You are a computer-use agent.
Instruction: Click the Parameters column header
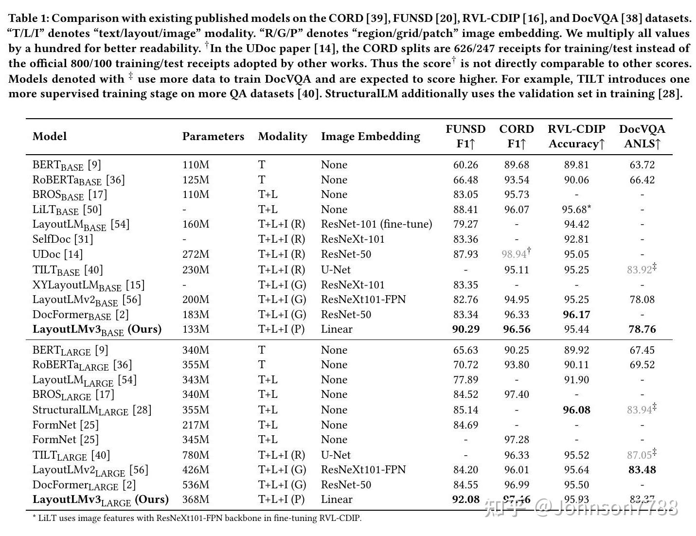click(213, 137)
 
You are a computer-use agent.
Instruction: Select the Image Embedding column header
click(370, 137)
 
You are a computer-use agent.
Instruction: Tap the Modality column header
click(283, 137)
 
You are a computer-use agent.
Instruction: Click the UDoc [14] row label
click(57, 254)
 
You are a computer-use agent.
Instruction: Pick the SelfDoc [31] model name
click(62, 239)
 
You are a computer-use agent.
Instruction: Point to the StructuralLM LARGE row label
click(91, 410)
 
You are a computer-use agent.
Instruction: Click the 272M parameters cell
click(196, 254)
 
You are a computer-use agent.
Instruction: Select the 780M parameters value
click(196, 455)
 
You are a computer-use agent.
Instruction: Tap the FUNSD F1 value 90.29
click(465, 329)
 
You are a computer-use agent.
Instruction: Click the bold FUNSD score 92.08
click(465, 500)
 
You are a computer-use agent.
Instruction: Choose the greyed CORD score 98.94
click(515, 254)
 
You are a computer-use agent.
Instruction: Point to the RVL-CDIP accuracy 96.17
click(576, 315)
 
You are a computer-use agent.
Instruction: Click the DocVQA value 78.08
click(642, 300)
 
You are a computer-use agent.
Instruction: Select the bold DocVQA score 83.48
click(642, 470)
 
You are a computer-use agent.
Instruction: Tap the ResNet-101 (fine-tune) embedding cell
click(376, 224)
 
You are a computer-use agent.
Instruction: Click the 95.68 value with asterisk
click(575, 210)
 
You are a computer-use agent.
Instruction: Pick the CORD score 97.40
click(517, 394)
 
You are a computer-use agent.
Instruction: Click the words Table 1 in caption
click(29, 18)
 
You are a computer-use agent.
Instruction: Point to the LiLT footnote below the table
click(197, 518)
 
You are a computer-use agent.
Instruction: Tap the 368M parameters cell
click(196, 500)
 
